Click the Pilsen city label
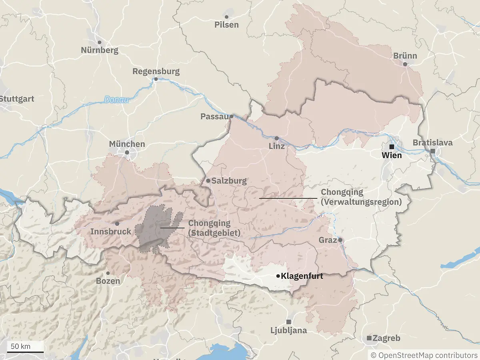click(226, 25)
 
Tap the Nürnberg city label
click(100, 50)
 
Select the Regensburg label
click(156, 72)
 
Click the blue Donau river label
click(117, 100)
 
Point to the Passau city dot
click(231, 116)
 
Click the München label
click(127, 144)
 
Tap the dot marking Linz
click(276, 138)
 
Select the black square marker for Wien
click(392, 146)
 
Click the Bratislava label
click(433, 143)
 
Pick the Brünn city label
click(405, 56)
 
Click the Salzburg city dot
click(208, 181)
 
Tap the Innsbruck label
click(111, 232)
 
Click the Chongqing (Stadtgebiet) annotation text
click(214, 228)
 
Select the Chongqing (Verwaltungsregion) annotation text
click(361, 198)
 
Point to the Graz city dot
click(340, 240)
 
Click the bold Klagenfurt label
click(302, 276)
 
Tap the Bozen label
click(108, 281)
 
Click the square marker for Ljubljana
click(288, 322)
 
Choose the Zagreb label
click(386, 338)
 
